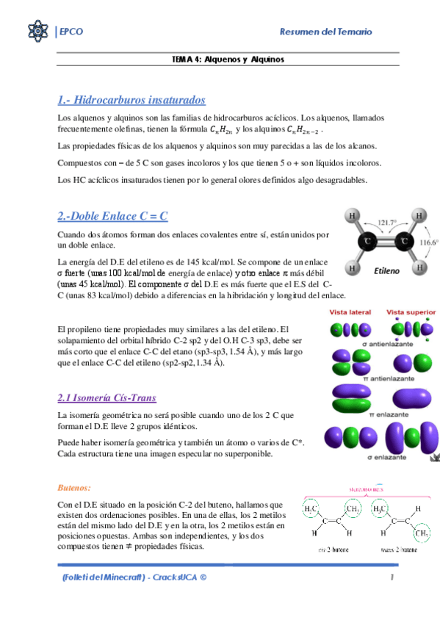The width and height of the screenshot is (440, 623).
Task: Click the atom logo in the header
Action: click(37, 32)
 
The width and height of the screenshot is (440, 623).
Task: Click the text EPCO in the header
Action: click(71, 32)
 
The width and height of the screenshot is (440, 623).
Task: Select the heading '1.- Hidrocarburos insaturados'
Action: click(131, 100)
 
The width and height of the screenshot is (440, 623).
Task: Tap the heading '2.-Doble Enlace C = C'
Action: click(113, 216)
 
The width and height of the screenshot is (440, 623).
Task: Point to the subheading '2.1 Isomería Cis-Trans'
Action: click(107, 397)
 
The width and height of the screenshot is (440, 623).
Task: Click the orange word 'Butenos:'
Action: click(74, 487)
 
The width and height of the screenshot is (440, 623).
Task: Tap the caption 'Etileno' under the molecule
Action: click(386, 271)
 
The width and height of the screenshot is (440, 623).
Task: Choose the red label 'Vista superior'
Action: click(410, 312)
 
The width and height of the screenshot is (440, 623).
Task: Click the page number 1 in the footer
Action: click(393, 577)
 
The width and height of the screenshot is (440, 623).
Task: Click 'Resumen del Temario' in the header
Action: click(326, 32)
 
